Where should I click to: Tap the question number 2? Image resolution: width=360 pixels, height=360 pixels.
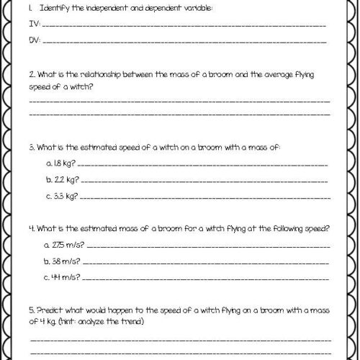pos(31,73)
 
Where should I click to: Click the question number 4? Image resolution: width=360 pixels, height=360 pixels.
pos(31,229)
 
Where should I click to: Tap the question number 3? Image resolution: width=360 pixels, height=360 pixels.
pos(31,147)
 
